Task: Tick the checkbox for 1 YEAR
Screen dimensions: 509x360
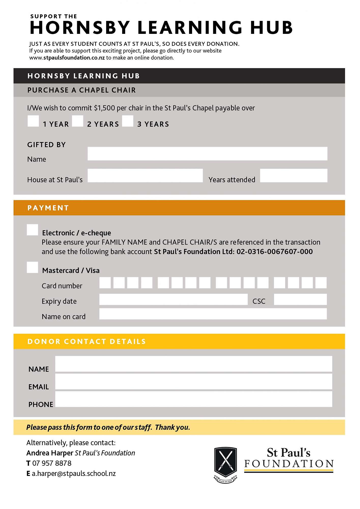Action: (x=33, y=121)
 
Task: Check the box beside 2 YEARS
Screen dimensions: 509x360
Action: (x=78, y=121)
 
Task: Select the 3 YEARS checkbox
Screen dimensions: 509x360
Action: (x=128, y=121)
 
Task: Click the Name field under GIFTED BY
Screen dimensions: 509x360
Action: (x=207, y=153)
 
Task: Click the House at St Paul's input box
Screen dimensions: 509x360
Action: (x=145, y=175)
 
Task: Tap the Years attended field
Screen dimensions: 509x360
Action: (x=294, y=175)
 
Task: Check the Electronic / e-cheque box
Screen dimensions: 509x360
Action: (x=32, y=230)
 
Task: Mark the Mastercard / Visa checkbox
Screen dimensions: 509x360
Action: (x=32, y=267)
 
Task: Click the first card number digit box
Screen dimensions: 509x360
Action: (x=105, y=283)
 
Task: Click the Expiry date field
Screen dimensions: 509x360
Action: (x=173, y=299)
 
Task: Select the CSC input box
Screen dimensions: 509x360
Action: (x=300, y=299)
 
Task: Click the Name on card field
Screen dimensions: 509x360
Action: (x=213, y=314)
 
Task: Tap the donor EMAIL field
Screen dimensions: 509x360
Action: (x=194, y=381)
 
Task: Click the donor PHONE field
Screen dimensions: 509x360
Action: (x=194, y=399)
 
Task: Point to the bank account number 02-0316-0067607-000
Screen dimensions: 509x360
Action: (x=275, y=252)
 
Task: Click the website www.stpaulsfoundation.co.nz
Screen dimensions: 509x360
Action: (x=67, y=58)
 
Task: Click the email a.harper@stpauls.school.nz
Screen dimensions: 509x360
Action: (x=74, y=474)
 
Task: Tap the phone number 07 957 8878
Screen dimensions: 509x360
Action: (x=52, y=463)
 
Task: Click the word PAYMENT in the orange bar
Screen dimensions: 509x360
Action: (x=48, y=208)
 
